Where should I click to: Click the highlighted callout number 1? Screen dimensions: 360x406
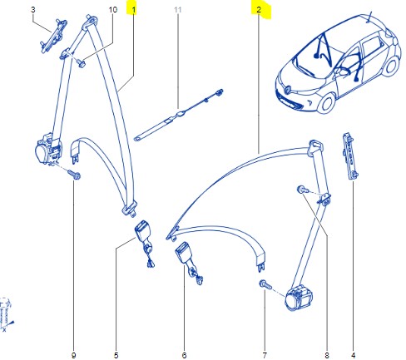pos(133,10)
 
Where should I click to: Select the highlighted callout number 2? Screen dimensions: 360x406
pos(260,10)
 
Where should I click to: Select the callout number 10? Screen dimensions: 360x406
pos(113,10)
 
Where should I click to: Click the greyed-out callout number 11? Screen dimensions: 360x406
pos(176,10)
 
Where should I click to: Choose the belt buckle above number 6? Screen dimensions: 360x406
pos(184,254)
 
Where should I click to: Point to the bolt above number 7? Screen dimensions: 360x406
pos(264,285)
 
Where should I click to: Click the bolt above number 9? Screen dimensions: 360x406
pos(73,175)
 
